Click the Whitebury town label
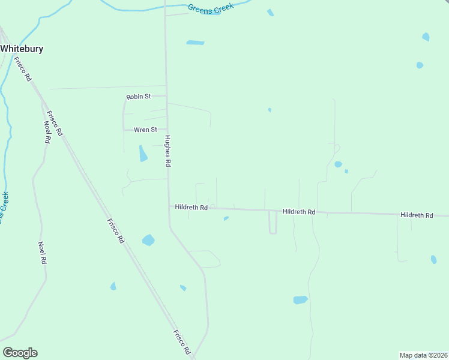[22, 49]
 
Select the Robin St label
[138, 96]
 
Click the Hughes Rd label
[169, 151]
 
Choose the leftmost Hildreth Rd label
[191, 207]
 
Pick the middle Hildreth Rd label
[298, 212]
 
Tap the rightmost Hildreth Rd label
[417, 214]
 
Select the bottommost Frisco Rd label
[182, 341]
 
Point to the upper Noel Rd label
[47, 132]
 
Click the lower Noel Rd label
[42, 253]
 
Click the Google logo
[20, 352]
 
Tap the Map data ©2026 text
[423, 355]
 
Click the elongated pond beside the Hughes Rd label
[143, 154]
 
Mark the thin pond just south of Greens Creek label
[195, 43]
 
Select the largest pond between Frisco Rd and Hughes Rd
[148, 240]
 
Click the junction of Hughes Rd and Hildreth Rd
[169, 207]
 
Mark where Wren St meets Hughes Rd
[167, 129]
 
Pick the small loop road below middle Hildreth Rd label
[273, 223]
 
